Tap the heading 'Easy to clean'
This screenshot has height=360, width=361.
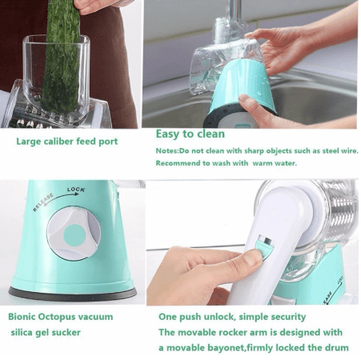point(190,134)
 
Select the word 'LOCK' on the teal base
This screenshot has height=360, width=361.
point(76,190)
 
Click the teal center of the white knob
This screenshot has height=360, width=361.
point(74,234)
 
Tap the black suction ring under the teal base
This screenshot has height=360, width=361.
point(72,293)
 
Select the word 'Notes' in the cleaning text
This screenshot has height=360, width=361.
point(166,150)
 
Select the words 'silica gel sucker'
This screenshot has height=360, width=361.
point(44,331)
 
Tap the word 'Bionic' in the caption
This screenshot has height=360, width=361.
point(22,317)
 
